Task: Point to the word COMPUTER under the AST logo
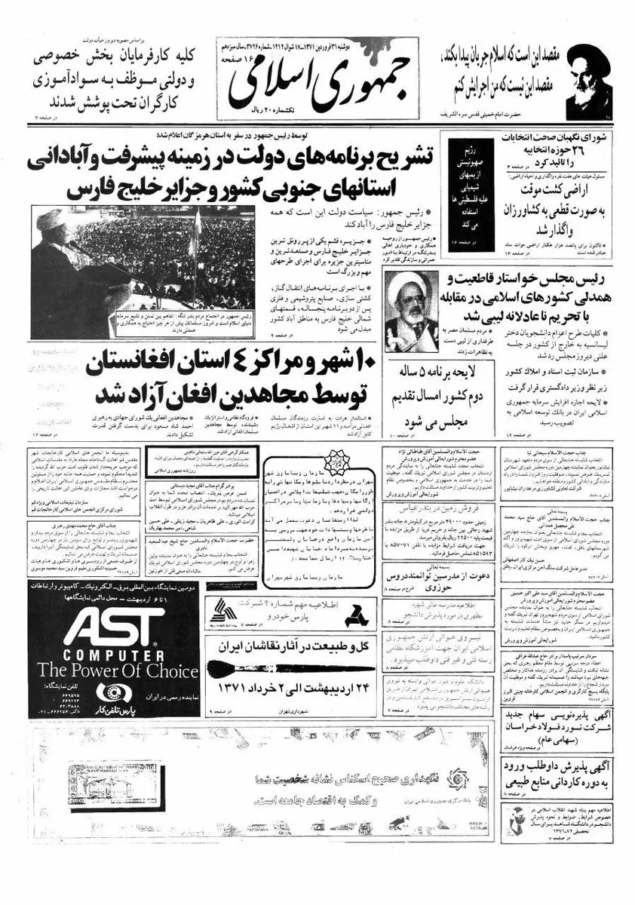tap(113, 654)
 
